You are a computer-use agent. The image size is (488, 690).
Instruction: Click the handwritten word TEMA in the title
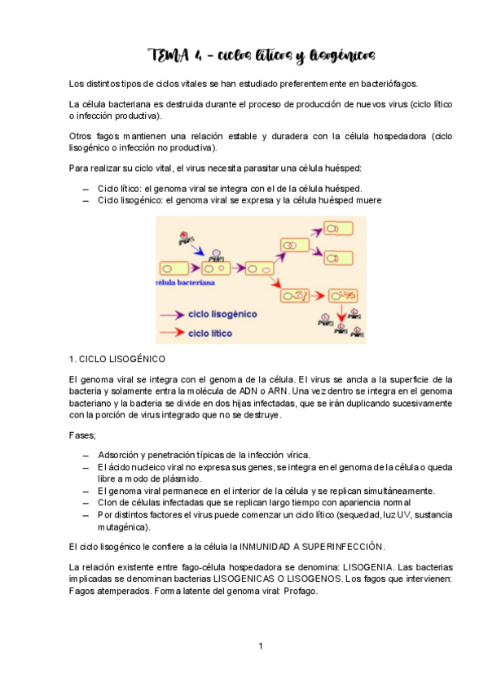coord(166,55)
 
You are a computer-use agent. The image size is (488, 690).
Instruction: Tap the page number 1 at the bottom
coord(260,646)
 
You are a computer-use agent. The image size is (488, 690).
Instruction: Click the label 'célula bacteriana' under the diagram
coord(184,283)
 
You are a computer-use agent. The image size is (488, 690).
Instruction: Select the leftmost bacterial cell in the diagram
coord(170,268)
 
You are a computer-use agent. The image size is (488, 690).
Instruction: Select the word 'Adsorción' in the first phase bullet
coord(121,454)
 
